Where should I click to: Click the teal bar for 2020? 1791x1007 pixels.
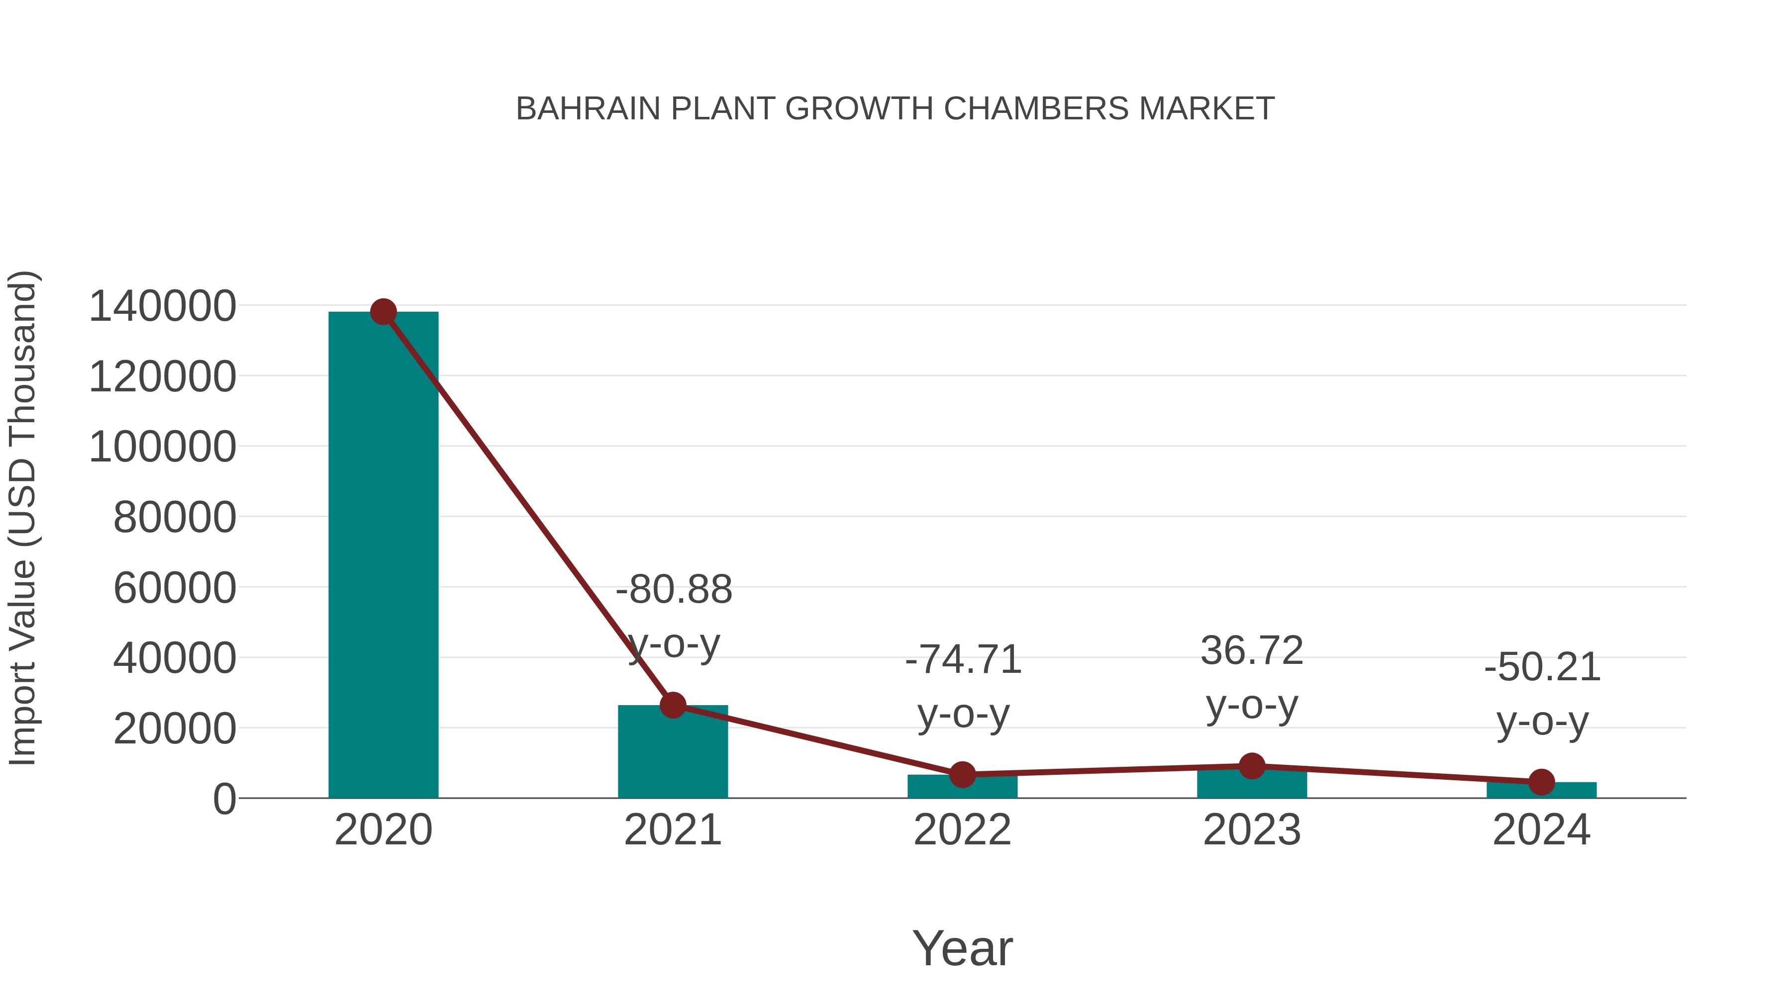tap(383, 556)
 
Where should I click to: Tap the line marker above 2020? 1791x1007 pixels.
tap(383, 312)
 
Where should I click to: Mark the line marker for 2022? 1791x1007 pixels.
tap(962, 774)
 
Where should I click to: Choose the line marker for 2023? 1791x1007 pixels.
tap(1252, 766)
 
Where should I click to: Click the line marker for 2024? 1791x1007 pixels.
tap(1541, 783)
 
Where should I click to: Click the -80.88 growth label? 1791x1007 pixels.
tap(674, 590)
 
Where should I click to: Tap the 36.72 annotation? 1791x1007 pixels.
tap(1252, 651)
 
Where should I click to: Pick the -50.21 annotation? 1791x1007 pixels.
tap(1542, 668)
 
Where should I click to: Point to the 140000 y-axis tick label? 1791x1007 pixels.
tap(163, 306)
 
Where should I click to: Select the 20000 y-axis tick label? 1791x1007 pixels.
tap(175, 729)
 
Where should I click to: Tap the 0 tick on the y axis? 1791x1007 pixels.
tap(224, 799)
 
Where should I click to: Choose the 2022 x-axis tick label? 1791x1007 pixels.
tap(962, 830)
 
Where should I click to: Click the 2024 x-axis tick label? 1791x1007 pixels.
tap(1541, 830)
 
